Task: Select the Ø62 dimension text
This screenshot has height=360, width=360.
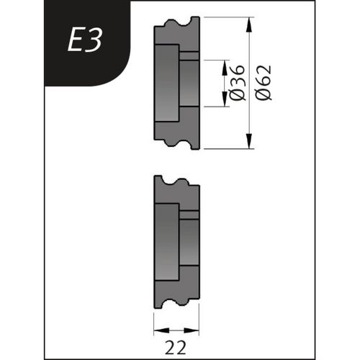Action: tap(264, 84)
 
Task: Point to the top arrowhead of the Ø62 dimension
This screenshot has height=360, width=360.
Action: tap(249, 23)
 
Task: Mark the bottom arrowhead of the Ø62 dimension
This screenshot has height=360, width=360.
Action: tap(249, 144)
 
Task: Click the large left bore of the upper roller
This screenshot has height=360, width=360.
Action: tap(166, 83)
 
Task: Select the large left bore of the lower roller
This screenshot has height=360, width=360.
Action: tap(166, 241)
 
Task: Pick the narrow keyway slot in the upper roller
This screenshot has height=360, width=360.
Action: tap(189, 56)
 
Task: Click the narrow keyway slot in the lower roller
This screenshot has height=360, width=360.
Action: tap(189, 215)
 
